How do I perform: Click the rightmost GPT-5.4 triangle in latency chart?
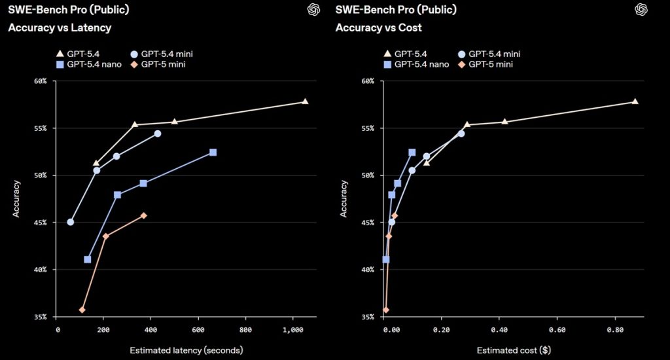click(305, 101)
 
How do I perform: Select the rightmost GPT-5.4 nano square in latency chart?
click(213, 152)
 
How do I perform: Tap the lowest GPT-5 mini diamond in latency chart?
click(82, 310)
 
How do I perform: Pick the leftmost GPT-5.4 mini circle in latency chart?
click(71, 222)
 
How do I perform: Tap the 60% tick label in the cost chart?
click(368, 81)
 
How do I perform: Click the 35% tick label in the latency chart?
click(40, 317)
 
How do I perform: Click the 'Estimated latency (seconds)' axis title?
click(186, 350)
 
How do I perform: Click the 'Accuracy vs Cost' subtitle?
click(379, 27)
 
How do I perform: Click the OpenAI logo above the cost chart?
click(641, 9)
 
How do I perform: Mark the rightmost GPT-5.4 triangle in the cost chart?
click(635, 101)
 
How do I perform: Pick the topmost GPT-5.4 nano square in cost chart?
click(412, 152)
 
